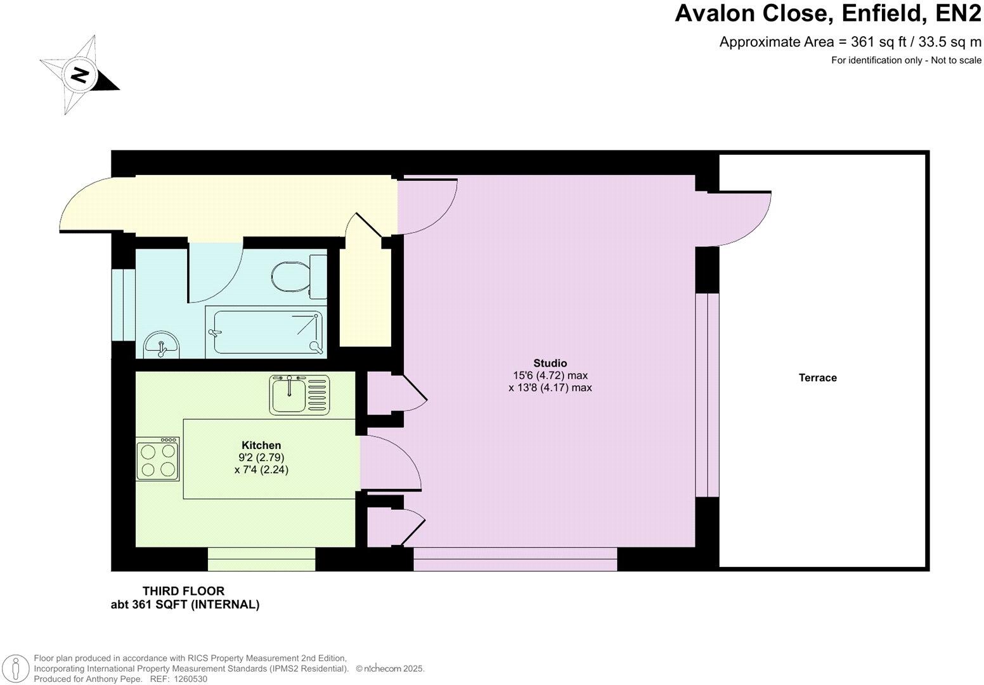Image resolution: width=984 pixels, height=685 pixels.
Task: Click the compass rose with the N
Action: click(80, 75)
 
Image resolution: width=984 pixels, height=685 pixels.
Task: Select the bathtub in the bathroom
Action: click(267, 332)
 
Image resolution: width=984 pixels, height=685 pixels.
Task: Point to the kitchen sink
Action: click(299, 395)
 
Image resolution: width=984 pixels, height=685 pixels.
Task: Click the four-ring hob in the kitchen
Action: click(158, 460)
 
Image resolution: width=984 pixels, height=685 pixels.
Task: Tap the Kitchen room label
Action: click(261, 445)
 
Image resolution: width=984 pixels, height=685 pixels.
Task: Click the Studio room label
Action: click(550, 363)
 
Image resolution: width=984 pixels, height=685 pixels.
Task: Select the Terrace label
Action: click(817, 378)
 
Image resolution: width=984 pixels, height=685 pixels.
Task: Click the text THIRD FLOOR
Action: click(183, 591)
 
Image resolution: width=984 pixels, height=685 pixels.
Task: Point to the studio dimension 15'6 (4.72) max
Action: click(550, 375)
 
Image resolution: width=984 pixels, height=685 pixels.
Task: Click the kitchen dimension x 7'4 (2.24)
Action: click(261, 470)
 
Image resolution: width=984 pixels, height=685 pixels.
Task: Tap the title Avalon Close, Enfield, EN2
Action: click(827, 13)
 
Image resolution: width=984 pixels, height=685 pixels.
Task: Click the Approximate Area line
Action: click(850, 42)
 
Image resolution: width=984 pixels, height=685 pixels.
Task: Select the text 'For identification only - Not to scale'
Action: click(906, 60)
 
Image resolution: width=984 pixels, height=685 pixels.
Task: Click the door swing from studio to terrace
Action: click(742, 219)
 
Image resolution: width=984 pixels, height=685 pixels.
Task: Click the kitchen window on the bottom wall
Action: click(261, 559)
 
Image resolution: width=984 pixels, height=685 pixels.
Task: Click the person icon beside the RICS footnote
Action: click(18, 669)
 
